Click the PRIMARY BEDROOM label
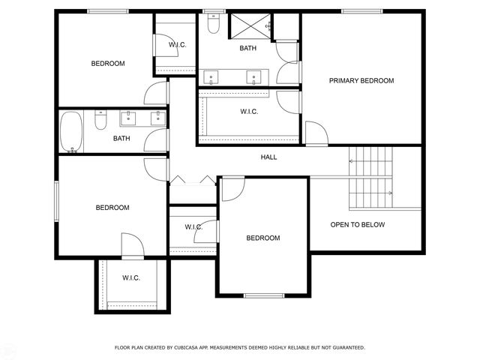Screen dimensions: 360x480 362,80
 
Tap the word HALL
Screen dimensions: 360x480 268,157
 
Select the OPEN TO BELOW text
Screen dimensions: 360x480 358,225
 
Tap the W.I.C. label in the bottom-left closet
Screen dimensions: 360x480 131,278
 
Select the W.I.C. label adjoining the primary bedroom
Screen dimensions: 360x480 249,112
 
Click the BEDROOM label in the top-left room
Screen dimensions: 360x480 108,64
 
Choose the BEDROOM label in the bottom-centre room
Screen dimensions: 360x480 263,238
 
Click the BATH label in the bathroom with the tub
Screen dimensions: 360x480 121,138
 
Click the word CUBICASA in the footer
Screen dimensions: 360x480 187,348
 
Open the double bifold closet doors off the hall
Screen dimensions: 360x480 192,180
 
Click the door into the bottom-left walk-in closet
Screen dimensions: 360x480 131,246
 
